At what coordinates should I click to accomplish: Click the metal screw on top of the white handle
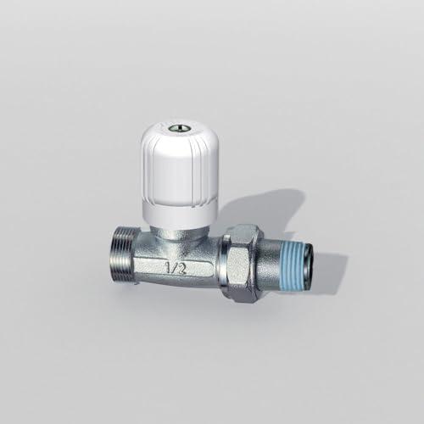tap(176, 128)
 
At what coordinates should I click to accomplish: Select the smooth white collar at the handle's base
tap(180, 214)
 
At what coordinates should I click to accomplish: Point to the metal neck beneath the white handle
tap(177, 234)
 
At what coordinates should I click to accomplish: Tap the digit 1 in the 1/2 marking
tap(169, 267)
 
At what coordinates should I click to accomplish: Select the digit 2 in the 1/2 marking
tap(182, 269)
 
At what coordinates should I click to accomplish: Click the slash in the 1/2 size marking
tap(175, 268)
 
